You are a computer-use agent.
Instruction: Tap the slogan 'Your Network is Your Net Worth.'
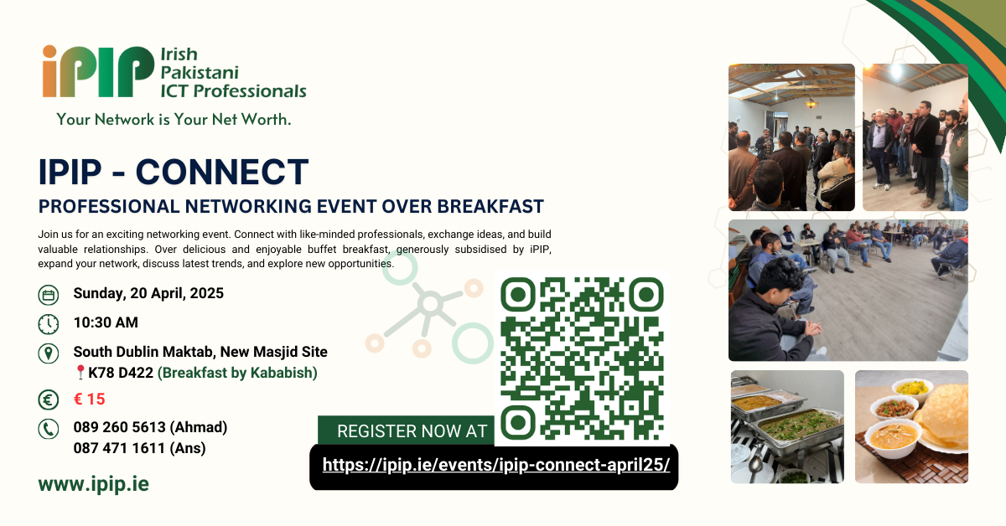tap(174, 120)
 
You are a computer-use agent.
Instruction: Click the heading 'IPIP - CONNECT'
tap(174, 173)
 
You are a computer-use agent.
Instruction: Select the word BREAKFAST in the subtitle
tap(485, 206)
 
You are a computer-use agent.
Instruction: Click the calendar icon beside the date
tap(49, 295)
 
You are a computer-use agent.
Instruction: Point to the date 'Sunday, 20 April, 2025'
tap(148, 294)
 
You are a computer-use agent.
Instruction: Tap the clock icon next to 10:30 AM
tap(49, 323)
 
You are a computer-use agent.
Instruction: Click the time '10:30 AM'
tap(106, 323)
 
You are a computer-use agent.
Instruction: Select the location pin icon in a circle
tap(49, 353)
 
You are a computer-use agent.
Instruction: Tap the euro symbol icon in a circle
tap(49, 400)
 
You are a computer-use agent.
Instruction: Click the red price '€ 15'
tap(90, 400)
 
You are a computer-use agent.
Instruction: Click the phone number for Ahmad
tap(150, 427)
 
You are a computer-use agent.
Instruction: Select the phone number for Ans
tap(139, 448)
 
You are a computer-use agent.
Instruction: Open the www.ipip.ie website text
tap(93, 484)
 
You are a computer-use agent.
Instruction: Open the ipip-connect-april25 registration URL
tap(495, 466)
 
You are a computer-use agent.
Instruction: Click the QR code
tap(582, 358)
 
